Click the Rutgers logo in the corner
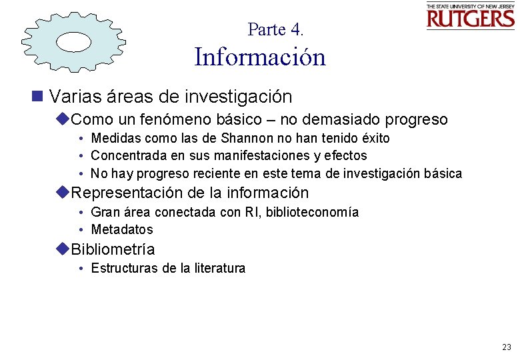(x=470, y=16)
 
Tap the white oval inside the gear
(x=73, y=41)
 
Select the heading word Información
(x=260, y=57)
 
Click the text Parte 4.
(x=275, y=29)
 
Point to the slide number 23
(x=506, y=347)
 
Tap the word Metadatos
(x=122, y=230)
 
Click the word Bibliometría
(x=113, y=249)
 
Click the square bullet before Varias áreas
(x=39, y=97)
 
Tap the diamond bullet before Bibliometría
(x=63, y=249)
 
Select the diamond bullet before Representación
(x=63, y=192)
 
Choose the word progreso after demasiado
(x=415, y=120)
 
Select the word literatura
(x=220, y=269)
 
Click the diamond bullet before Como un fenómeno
(x=63, y=119)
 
